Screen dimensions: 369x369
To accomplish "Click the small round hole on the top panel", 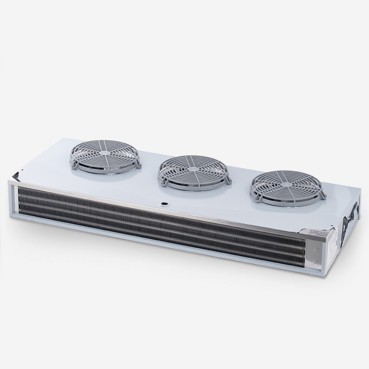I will tap(164, 204).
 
